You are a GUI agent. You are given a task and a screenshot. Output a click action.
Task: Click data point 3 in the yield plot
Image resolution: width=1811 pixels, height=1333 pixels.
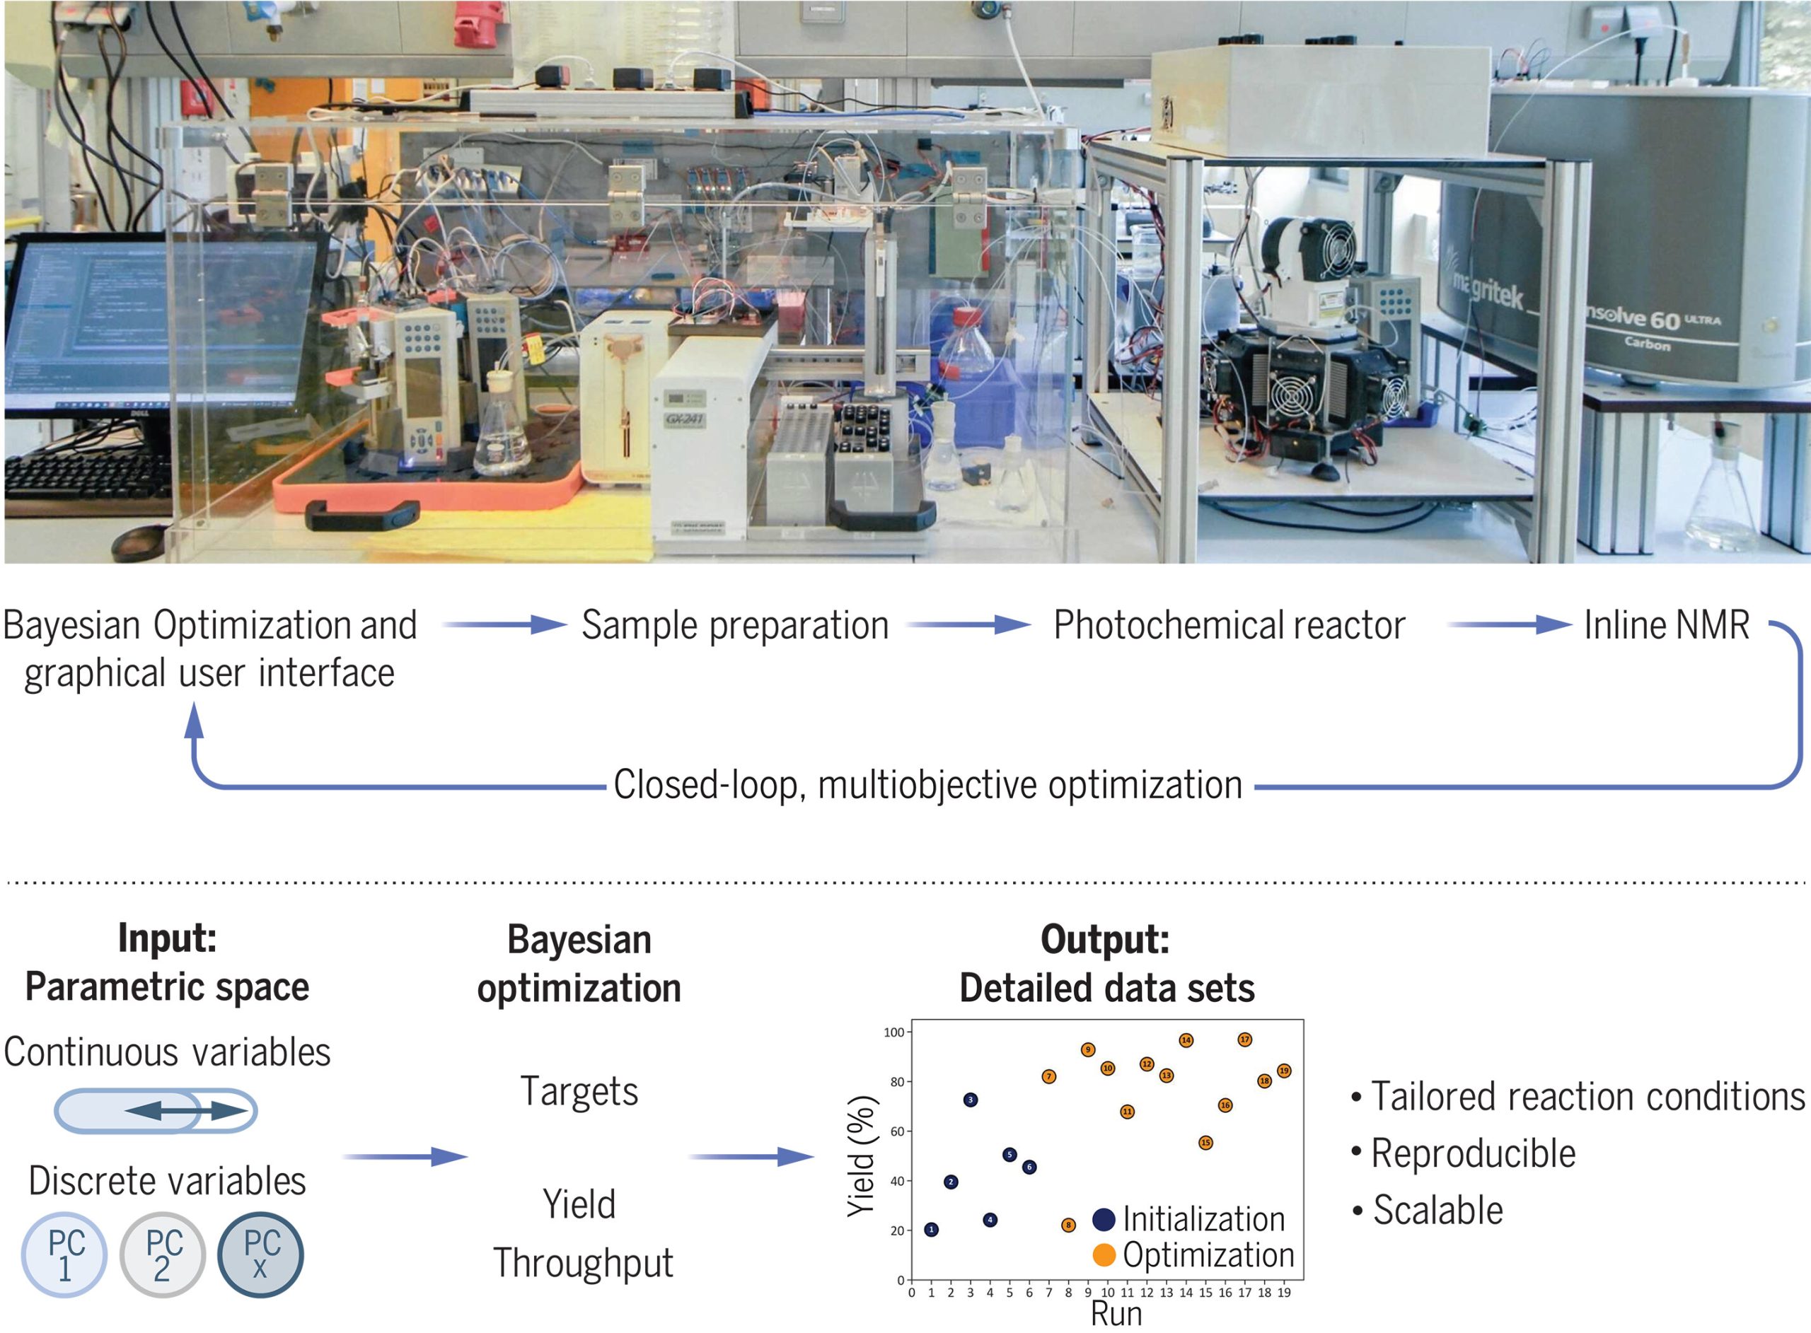click(970, 1100)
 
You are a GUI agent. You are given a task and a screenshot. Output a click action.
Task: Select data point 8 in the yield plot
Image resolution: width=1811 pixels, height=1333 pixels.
click(1067, 1225)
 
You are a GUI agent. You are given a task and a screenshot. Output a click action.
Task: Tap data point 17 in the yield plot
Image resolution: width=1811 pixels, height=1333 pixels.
click(1244, 1040)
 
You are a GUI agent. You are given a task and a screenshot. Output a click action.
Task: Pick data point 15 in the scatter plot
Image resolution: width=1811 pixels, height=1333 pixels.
click(1205, 1143)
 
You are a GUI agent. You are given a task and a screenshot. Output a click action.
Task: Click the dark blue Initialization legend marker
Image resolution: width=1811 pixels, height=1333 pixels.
click(1104, 1219)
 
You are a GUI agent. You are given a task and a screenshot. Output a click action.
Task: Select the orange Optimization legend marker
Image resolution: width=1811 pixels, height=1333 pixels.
click(1104, 1255)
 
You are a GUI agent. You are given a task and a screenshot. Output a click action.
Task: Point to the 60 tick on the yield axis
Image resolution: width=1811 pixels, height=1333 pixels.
click(896, 1131)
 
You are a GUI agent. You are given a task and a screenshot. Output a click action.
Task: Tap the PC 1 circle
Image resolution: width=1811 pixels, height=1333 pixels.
click(64, 1255)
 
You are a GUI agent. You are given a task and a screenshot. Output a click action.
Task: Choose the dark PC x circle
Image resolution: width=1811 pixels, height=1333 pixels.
click(260, 1255)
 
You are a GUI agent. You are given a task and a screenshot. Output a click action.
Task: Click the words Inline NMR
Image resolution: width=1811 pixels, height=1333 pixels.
click(1667, 625)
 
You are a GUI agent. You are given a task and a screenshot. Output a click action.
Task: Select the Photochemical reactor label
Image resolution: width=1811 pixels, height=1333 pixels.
click(1229, 625)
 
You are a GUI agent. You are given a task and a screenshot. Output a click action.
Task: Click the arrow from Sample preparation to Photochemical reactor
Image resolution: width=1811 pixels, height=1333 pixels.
click(968, 624)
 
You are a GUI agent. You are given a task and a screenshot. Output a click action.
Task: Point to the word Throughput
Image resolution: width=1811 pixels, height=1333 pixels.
click(583, 1263)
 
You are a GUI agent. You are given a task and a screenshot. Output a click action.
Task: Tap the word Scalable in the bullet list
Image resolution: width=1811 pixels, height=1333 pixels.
click(1437, 1211)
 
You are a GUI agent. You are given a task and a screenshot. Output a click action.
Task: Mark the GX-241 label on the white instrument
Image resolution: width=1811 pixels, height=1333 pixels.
click(683, 419)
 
